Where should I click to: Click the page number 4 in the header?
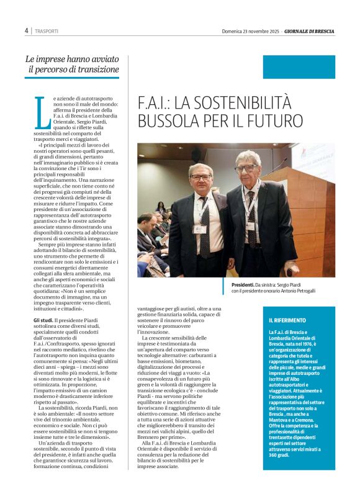(26, 30)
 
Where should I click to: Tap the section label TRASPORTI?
(47, 31)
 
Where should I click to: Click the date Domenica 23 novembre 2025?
(251, 31)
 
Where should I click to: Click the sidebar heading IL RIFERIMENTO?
(287, 320)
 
